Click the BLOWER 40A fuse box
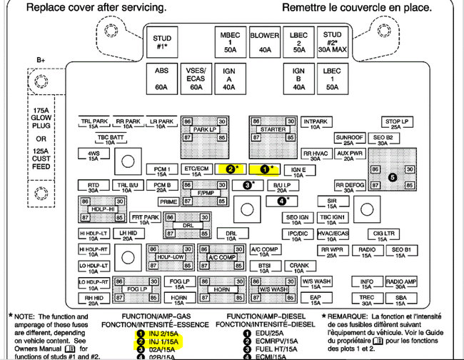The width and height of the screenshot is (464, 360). [x=265, y=42]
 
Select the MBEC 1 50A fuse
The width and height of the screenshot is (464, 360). [x=230, y=42]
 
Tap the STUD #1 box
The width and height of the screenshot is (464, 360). [x=161, y=42]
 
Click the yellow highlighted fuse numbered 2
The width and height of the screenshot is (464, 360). [x=233, y=169]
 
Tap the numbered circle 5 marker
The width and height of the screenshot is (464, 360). [x=391, y=176]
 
